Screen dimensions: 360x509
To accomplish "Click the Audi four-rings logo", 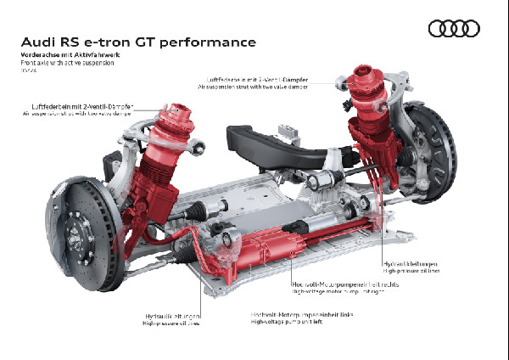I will click(455, 29).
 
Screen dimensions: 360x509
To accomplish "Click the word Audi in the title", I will click(39, 41).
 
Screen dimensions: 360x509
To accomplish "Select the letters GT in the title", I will click(149, 41).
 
